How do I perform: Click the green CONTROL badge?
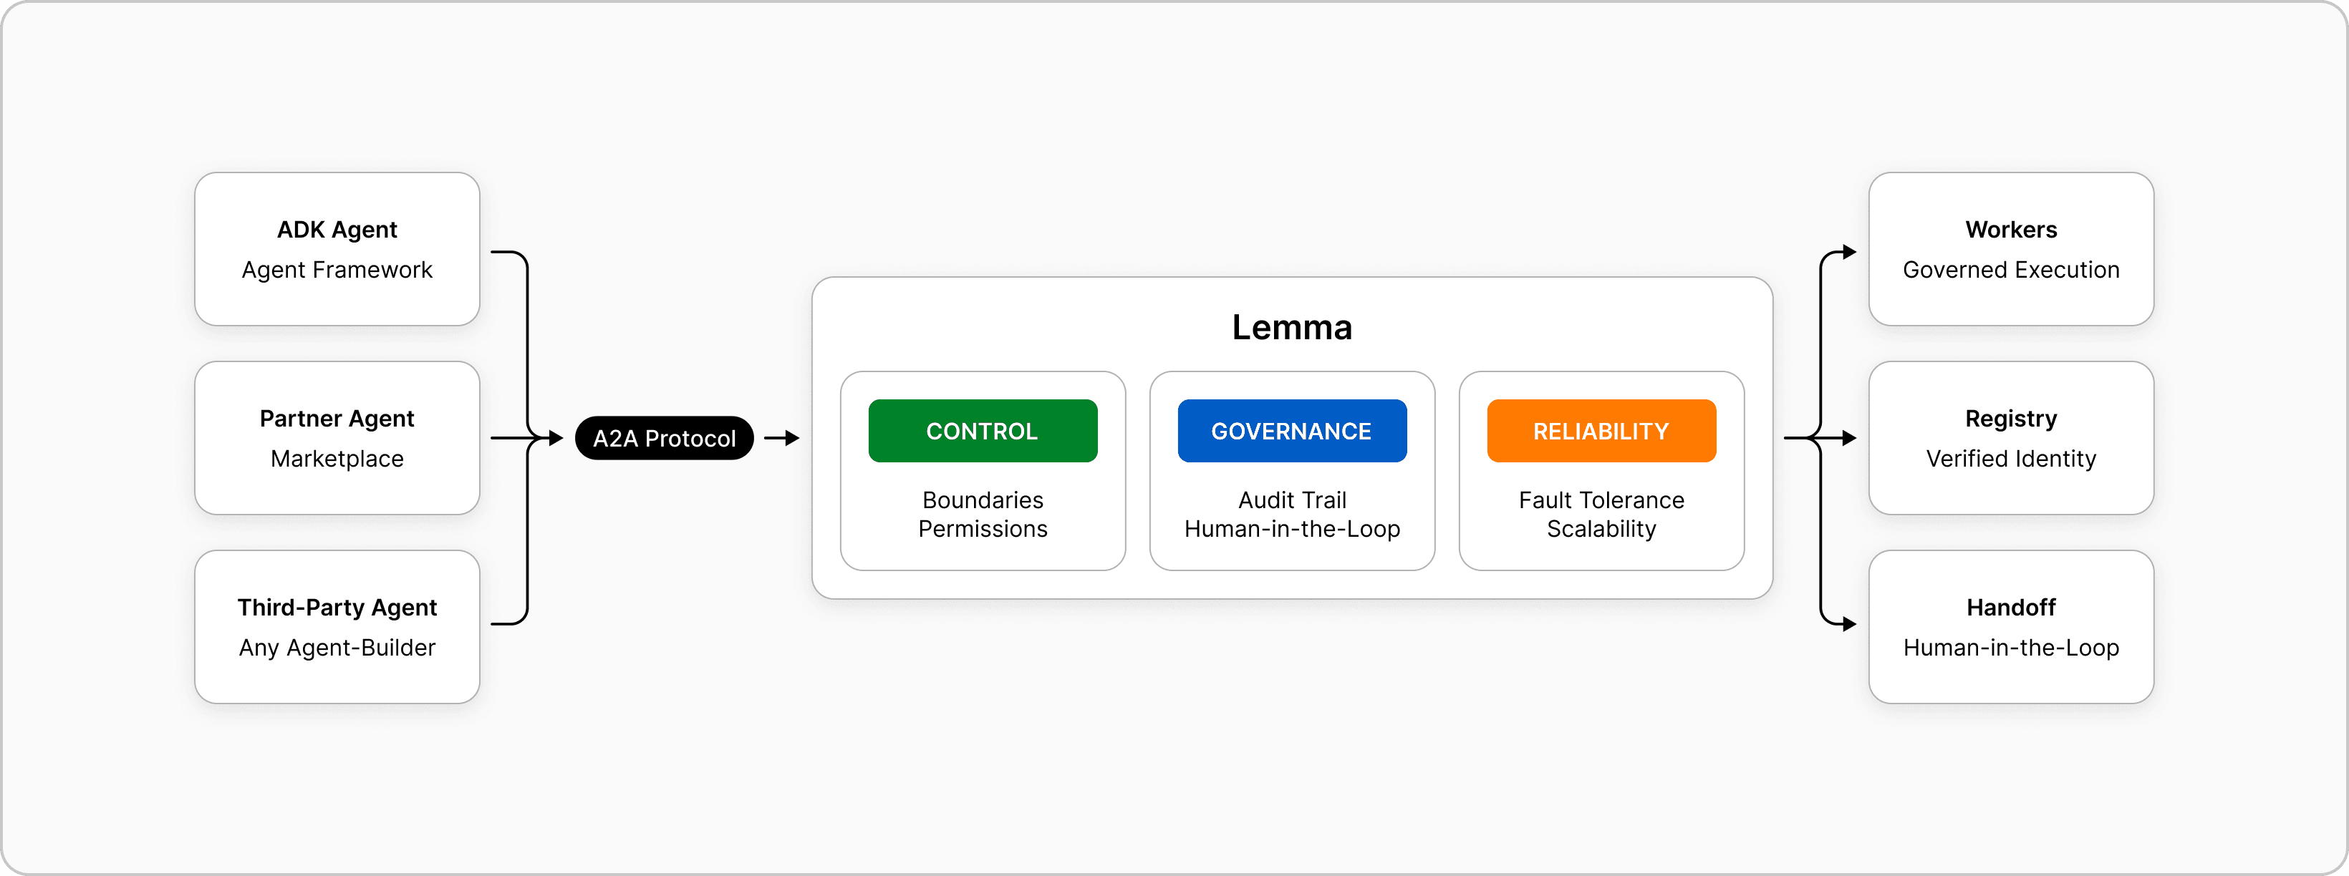click(982, 430)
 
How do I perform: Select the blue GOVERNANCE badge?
click(1291, 430)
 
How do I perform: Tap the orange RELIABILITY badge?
click(1601, 430)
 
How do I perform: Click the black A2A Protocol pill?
click(664, 439)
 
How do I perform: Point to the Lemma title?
click(1291, 327)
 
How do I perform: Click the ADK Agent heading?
click(337, 230)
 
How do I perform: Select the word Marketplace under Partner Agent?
click(337, 459)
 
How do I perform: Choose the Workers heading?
click(2011, 230)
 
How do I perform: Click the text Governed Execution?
click(2011, 270)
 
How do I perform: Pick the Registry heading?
click(2011, 419)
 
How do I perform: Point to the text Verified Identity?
click(2011, 459)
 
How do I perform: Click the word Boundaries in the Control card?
click(982, 500)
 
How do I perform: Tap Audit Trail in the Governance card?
click(1291, 500)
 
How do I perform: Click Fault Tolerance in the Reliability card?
click(1601, 500)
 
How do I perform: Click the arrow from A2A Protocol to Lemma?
click(781, 439)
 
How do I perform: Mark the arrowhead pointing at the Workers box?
click(1849, 253)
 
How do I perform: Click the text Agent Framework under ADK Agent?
click(337, 270)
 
